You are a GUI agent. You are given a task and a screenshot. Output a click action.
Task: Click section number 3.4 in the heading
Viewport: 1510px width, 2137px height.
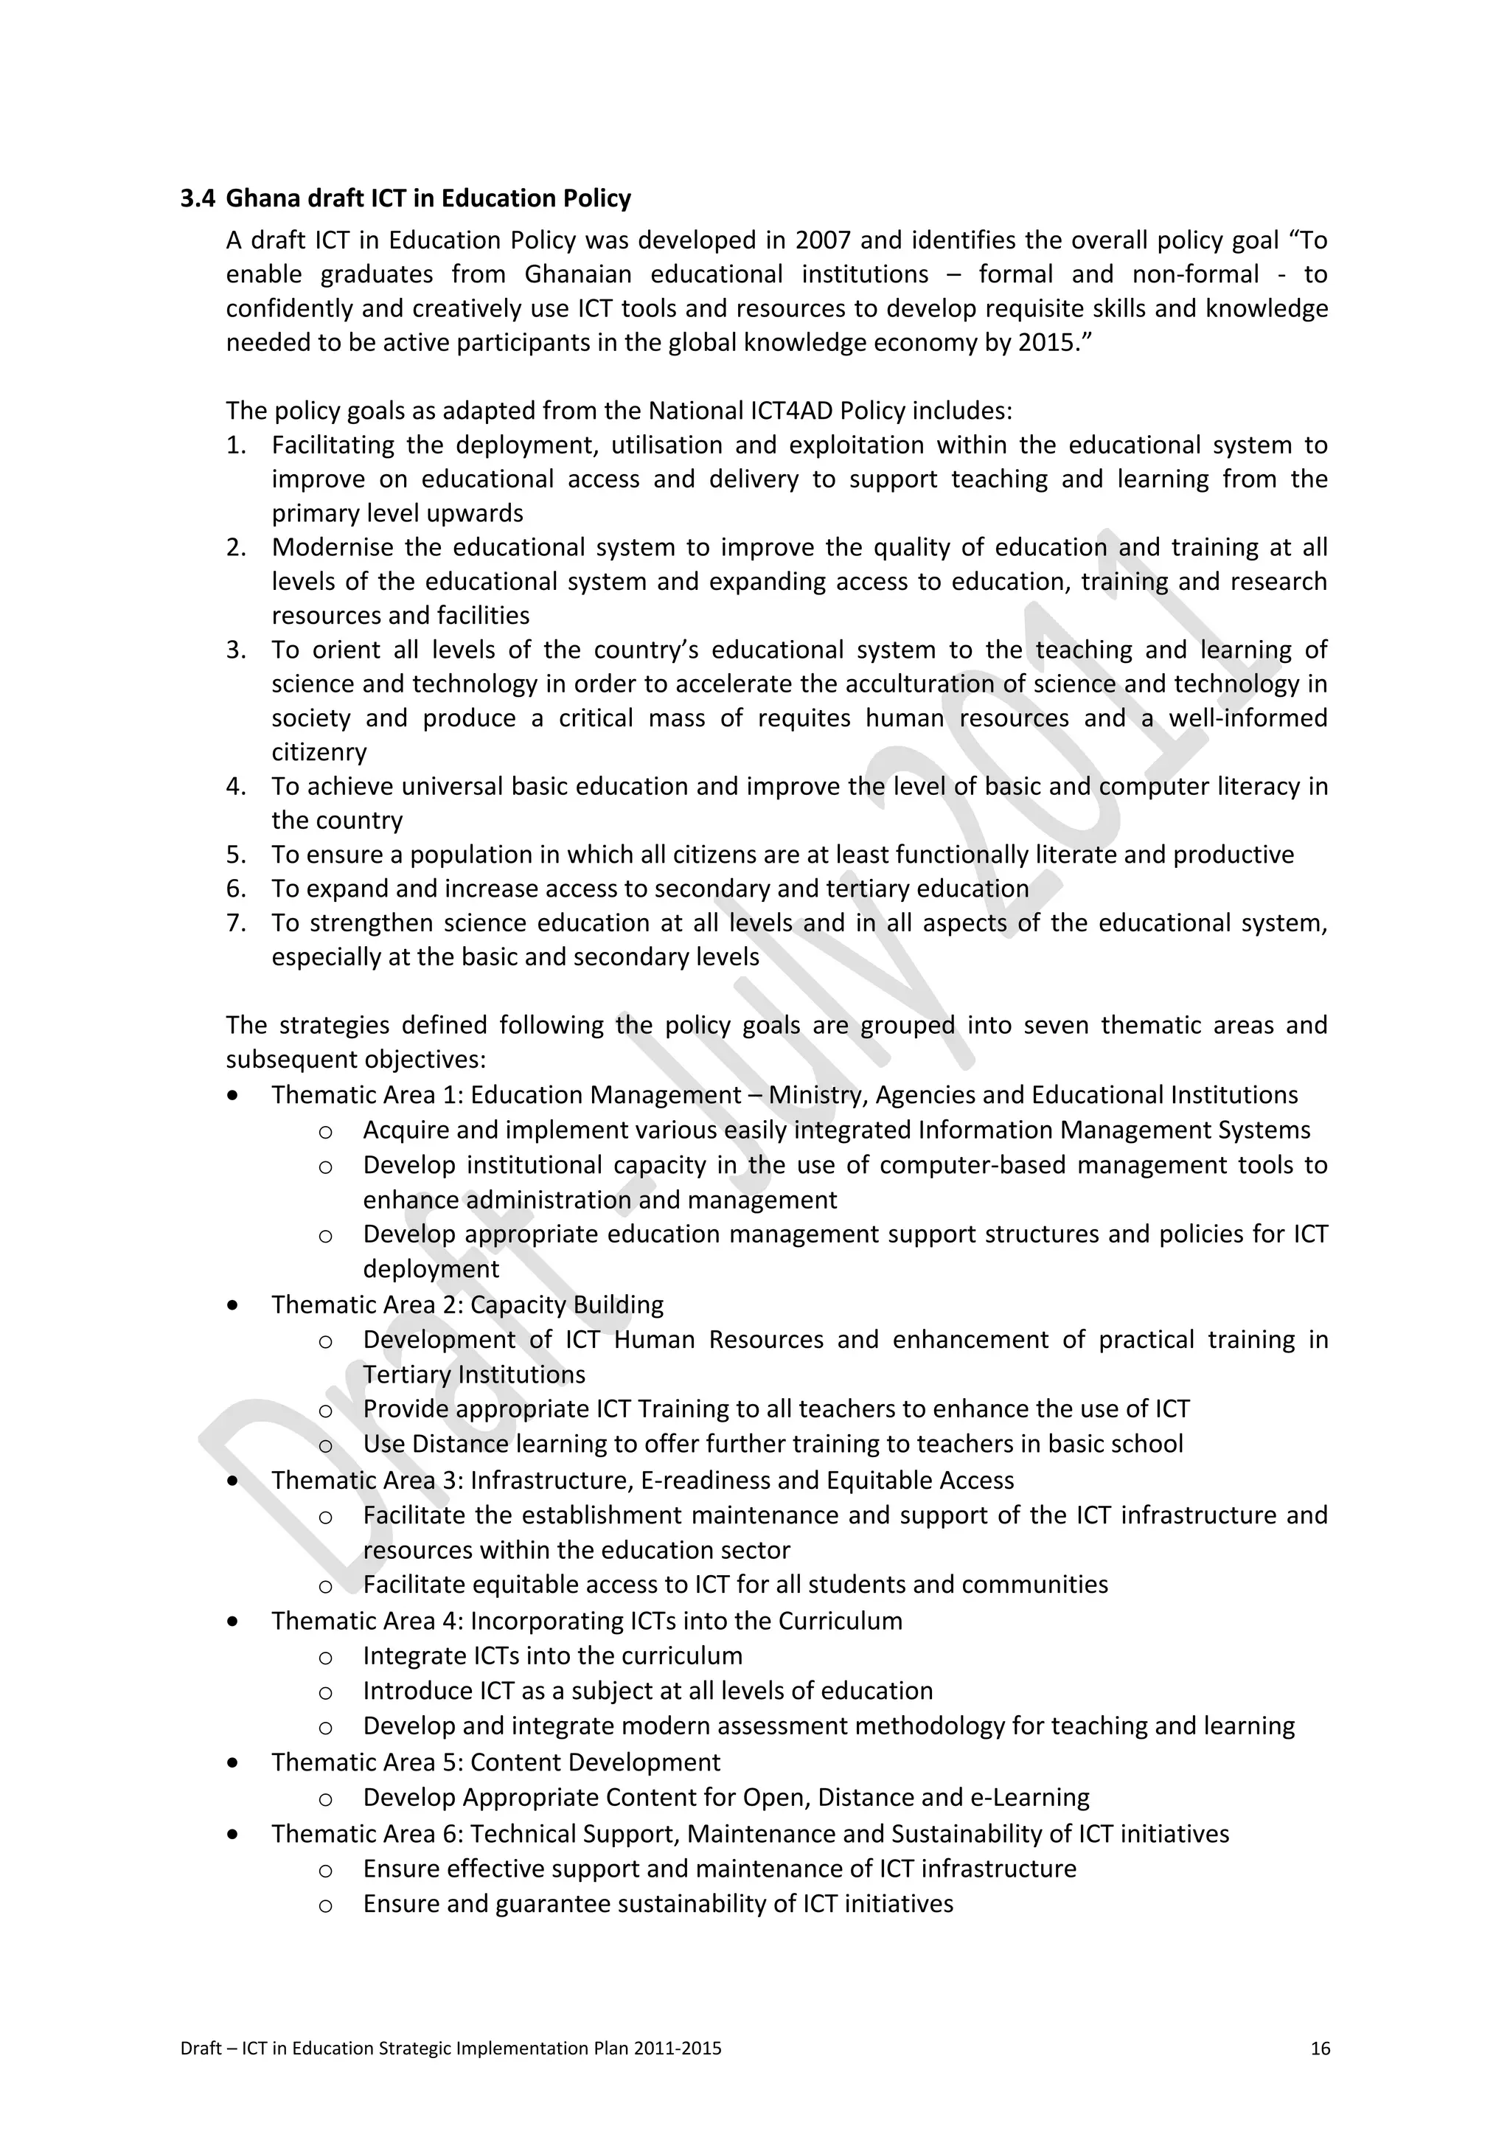198,198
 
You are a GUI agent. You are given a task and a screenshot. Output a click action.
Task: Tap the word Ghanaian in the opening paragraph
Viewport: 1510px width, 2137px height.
576,274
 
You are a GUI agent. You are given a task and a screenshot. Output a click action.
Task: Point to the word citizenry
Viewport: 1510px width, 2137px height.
319,752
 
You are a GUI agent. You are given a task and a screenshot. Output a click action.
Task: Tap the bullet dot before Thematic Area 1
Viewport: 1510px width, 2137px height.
232,1096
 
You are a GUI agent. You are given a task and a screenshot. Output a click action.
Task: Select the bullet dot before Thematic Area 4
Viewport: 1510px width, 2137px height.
232,1622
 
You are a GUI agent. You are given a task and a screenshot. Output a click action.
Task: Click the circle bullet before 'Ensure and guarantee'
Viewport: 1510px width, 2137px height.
324,1905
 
